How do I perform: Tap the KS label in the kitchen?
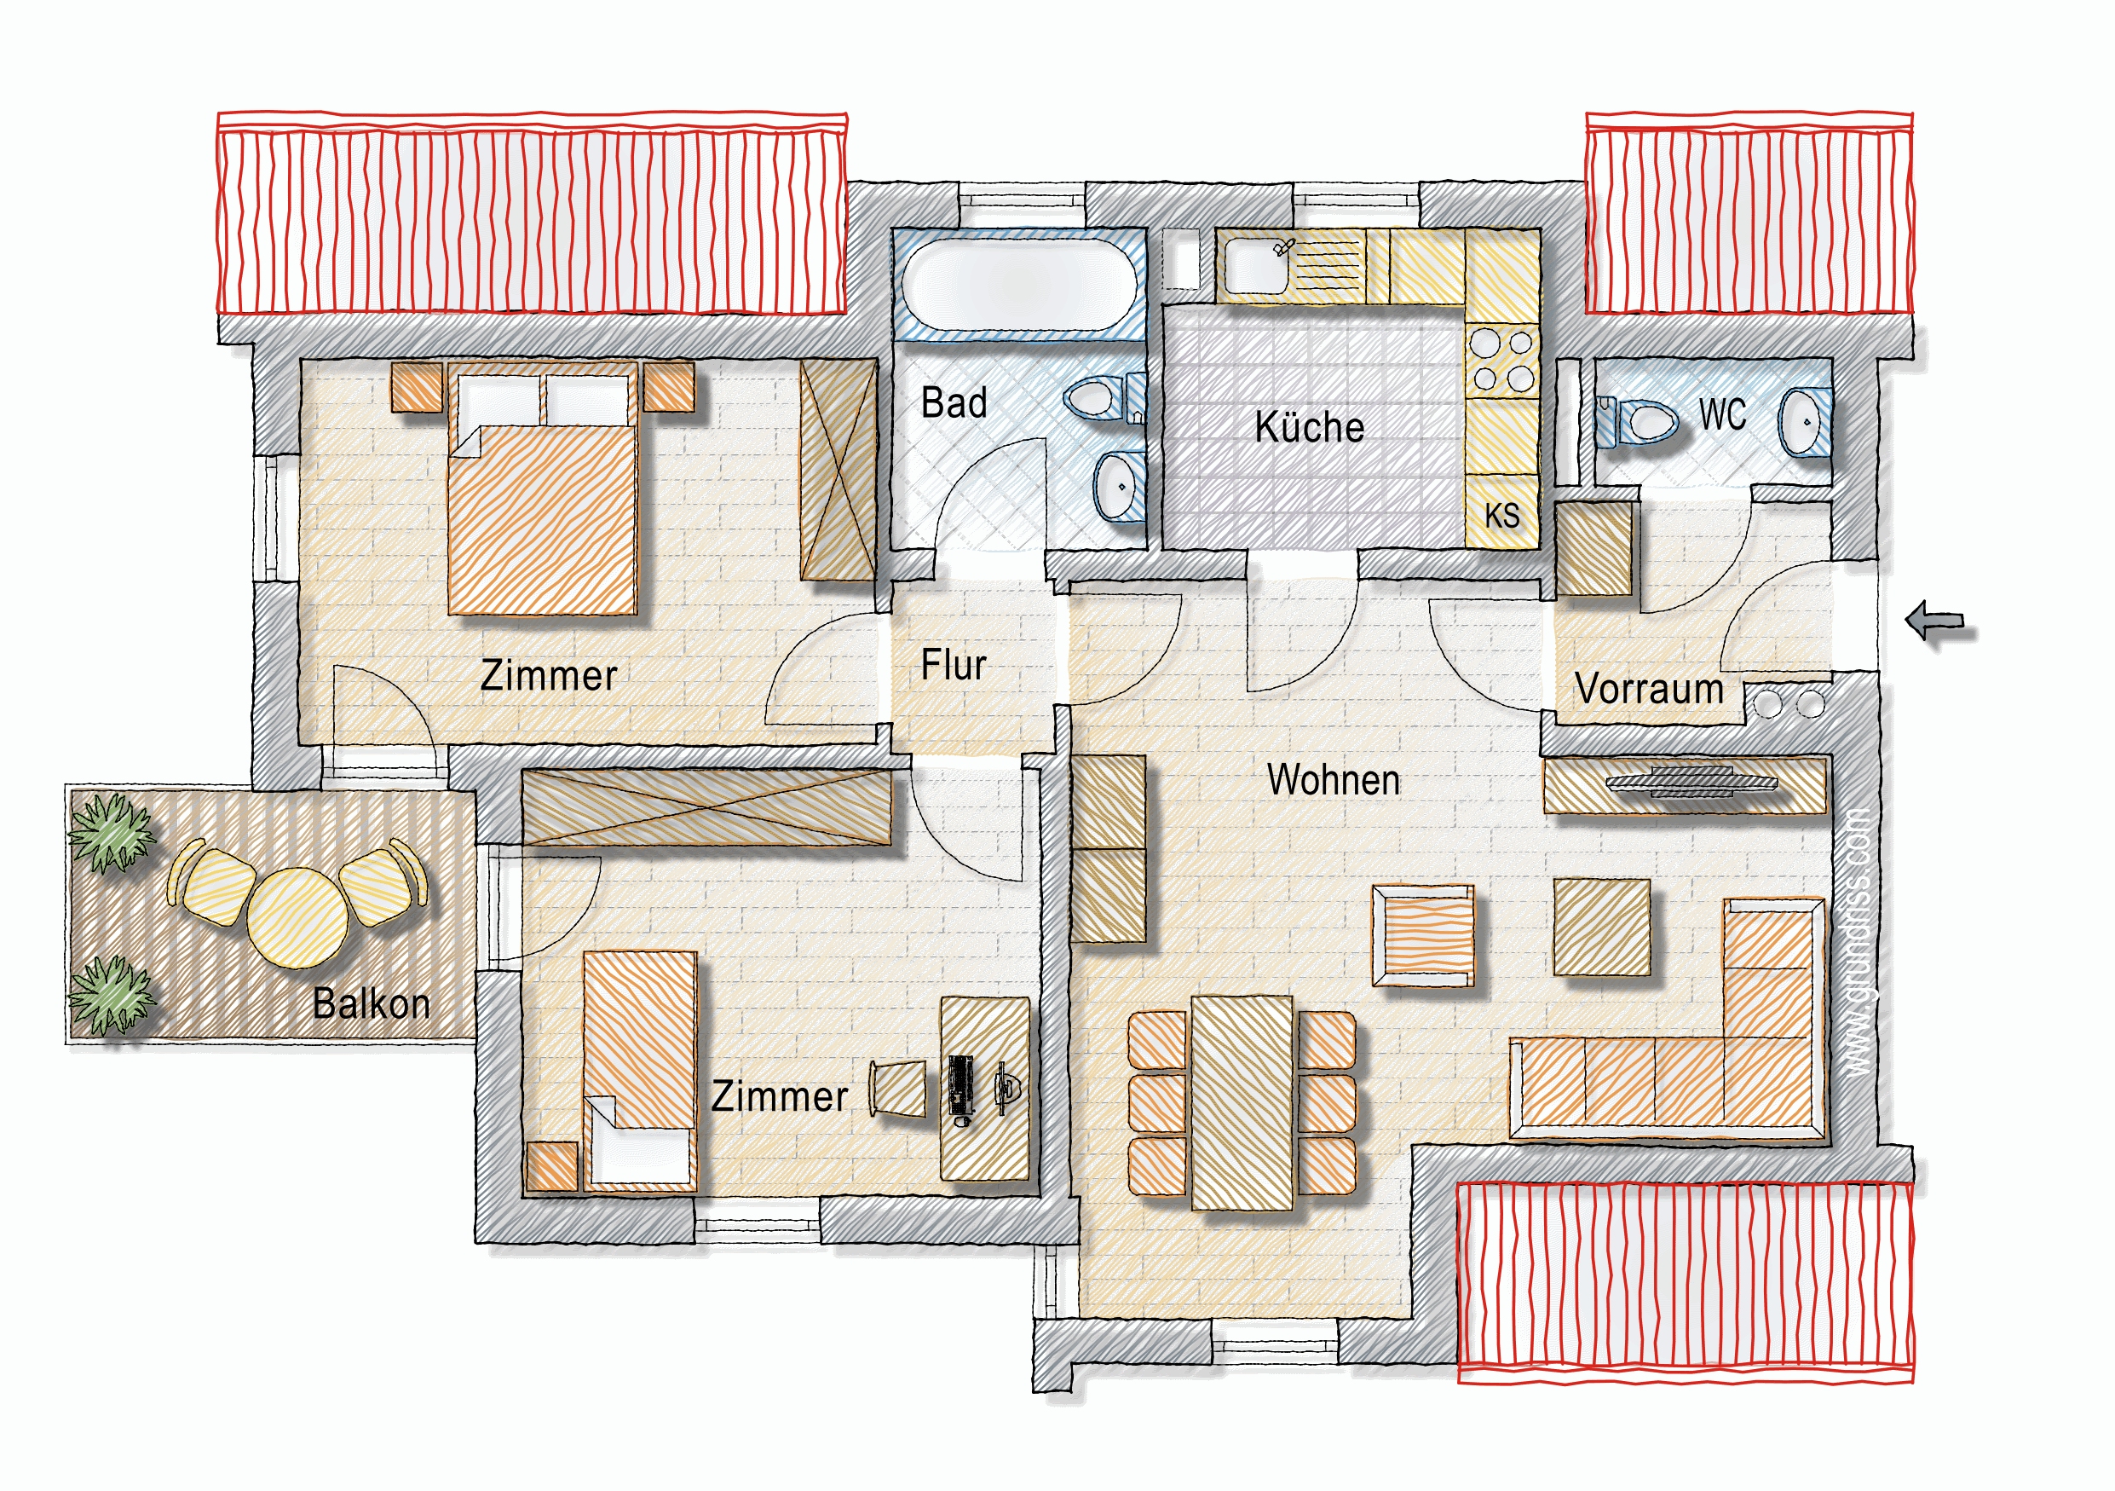coord(1501,515)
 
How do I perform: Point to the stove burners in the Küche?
coord(1501,361)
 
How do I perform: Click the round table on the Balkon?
coord(297,918)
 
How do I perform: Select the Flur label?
coord(954,664)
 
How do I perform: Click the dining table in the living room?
coord(1242,1102)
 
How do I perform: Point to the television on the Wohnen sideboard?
coord(1691,783)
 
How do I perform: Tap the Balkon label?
coord(372,1003)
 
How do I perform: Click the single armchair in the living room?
coord(1422,935)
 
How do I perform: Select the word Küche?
coord(1309,426)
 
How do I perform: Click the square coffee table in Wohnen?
coord(1601,927)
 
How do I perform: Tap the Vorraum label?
coord(1649,688)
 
